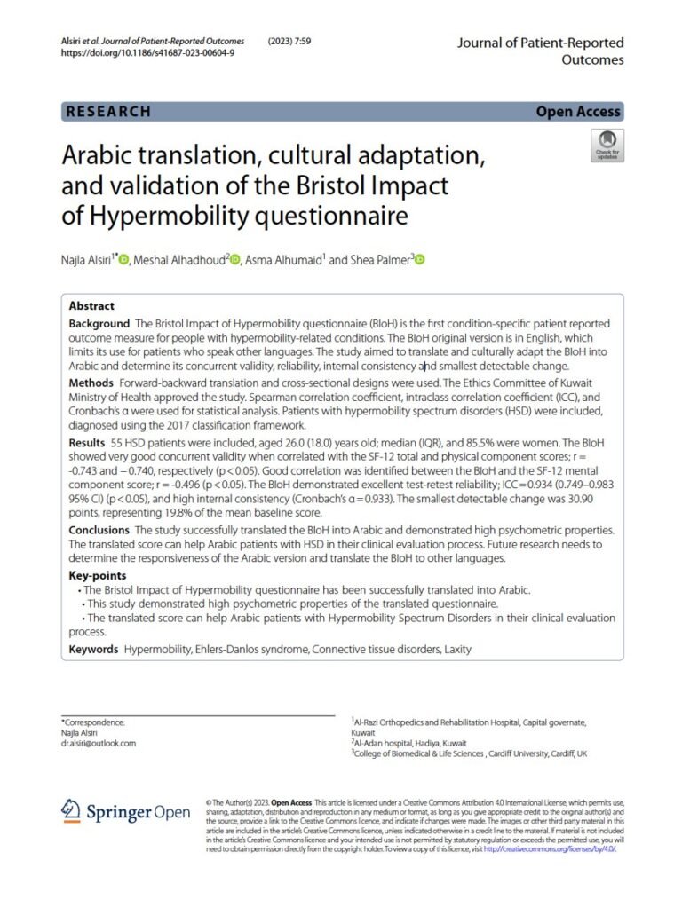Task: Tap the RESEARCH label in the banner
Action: click(108, 112)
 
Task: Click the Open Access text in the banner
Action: click(578, 112)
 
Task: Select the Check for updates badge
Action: click(607, 146)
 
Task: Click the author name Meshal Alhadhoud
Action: click(180, 260)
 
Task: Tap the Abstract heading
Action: click(91, 304)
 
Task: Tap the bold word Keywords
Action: click(93, 650)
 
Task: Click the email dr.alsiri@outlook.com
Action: click(99, 744)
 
